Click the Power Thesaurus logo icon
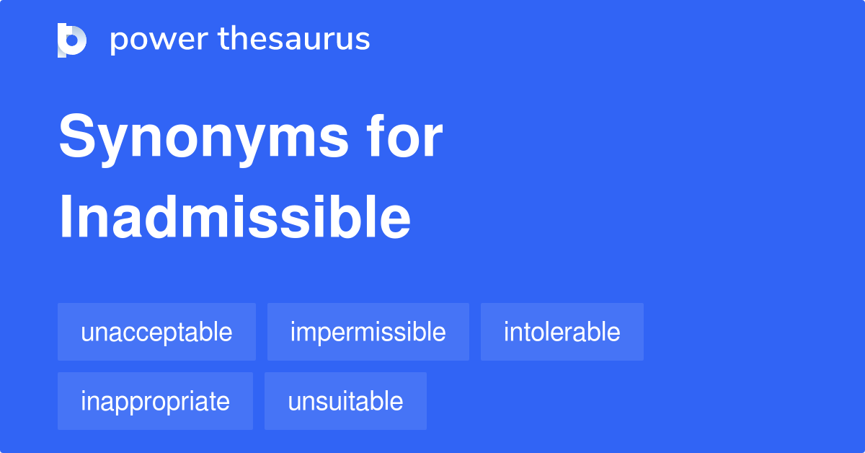(72, 40)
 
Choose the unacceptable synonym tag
(156, 332)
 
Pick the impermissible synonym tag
(368, 332)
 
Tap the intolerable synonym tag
(562, 332)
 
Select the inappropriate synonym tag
(155, 401)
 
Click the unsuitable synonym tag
(345, 401)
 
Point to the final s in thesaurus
(363, 40)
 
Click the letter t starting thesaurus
(223, 39)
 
